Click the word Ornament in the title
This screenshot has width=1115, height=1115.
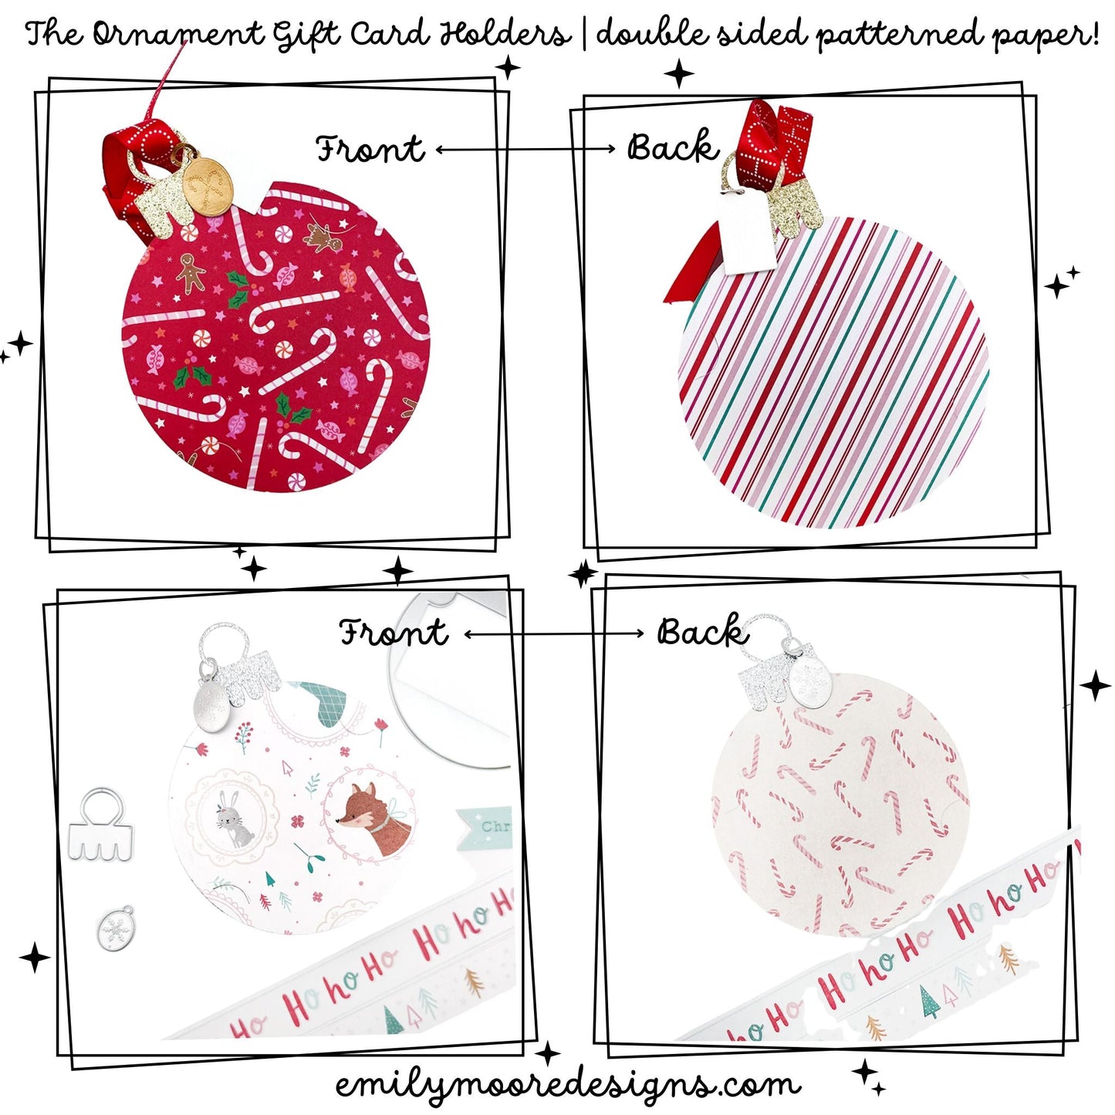[x=179, y=35]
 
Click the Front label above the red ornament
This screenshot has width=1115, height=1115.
[x=370, y=148]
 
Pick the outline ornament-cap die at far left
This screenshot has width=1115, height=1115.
[x=100, y=825]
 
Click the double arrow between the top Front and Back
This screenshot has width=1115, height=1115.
[x=525, y=149]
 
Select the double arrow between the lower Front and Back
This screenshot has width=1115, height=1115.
[x=553, y=634]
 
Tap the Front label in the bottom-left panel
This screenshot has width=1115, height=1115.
[x=394, y=633]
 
